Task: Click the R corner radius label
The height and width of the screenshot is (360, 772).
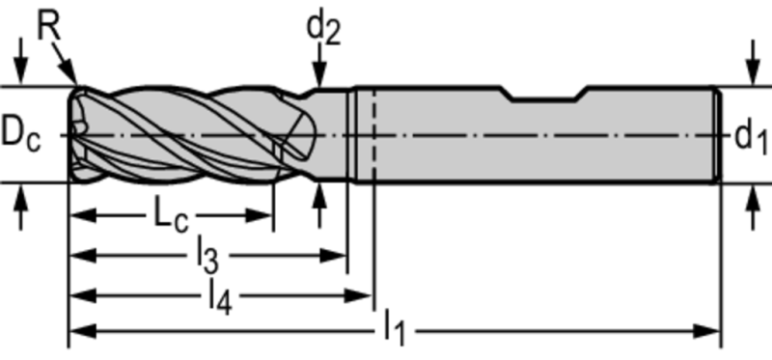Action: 49,27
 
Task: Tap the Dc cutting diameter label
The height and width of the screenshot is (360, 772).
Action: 20,135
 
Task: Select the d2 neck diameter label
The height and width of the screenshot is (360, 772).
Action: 323,29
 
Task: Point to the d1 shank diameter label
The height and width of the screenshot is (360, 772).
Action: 751,137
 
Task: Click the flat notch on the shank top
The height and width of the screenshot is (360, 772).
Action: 544,98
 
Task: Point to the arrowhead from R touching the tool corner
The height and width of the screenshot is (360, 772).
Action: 71,72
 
